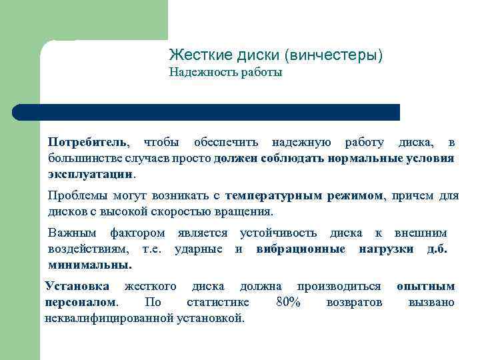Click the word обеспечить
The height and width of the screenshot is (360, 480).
coord(225,143)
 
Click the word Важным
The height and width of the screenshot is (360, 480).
coord(71,233)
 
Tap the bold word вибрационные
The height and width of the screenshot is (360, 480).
coord(301,249)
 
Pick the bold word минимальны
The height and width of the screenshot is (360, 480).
coord(89,265)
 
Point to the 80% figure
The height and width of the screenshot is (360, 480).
coord(288,303)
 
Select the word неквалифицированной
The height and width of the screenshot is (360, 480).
coord(108,318)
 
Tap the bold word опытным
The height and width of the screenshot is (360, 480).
coord(425,287)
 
